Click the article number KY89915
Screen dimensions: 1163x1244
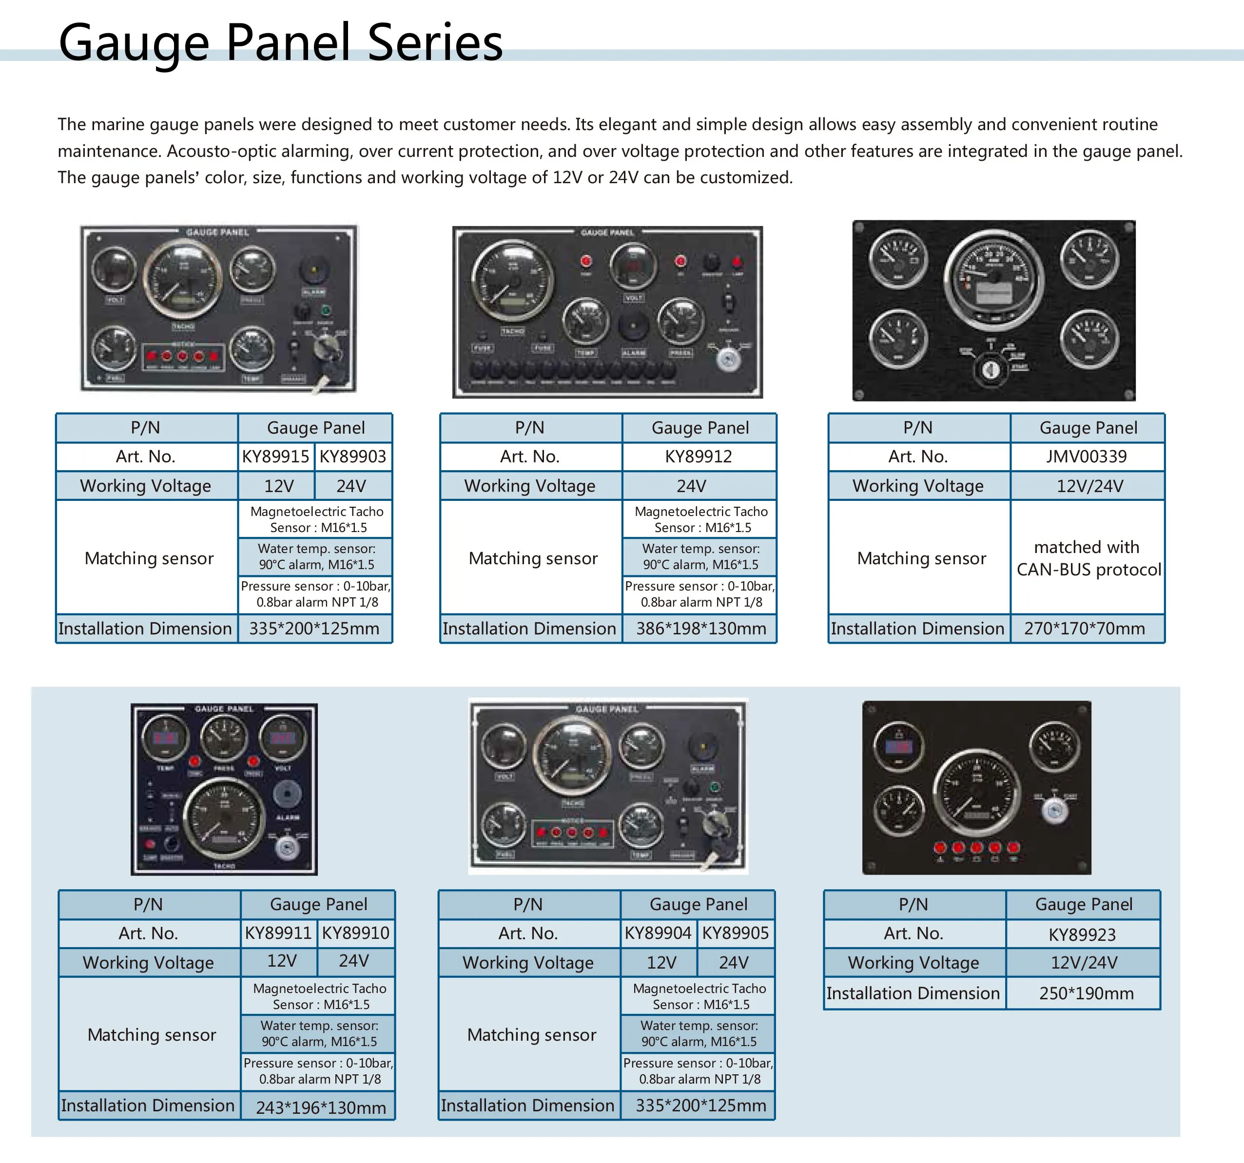click(275, 457)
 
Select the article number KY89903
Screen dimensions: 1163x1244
click(353, 457)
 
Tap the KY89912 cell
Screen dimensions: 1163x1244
click(699, 457)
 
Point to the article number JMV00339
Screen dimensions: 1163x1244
click(1087, 457)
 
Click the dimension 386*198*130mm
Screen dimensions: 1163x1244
click(701, 629)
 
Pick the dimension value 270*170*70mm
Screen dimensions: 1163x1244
click(1085, 629)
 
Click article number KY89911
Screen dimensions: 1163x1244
click(278, 934)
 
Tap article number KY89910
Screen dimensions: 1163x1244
click(355, 934)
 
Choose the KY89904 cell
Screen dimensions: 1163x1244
click(658, 934)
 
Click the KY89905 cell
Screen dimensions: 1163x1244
click(735, 934)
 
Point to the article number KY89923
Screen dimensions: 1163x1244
click(1082, 934)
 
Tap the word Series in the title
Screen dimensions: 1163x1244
click(435, 42)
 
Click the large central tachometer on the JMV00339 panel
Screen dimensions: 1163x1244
click(994, 277)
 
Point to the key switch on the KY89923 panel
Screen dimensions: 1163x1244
click(1054, 811)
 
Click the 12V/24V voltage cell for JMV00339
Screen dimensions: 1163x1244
click(1089, 486)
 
